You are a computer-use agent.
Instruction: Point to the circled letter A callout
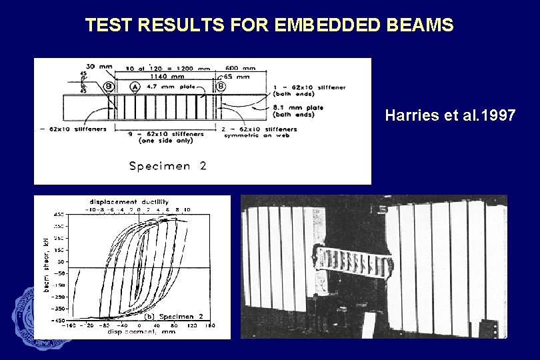click(x=135, y=86)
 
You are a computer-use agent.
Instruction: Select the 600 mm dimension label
click(x=241, y=68)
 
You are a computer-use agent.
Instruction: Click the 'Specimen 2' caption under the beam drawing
click(x=167, y=166)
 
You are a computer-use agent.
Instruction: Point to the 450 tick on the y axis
click(x=59, y=215)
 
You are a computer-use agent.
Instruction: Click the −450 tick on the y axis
click(x=59, y=321)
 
